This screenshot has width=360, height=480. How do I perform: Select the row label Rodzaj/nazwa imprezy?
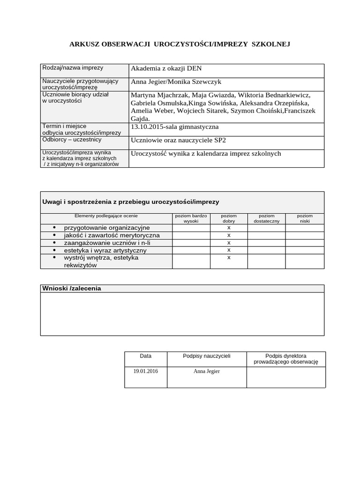(x=73, y=68)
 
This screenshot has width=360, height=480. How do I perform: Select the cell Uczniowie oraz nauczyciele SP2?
(x=181, y=140)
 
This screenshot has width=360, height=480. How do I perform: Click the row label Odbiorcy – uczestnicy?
(x=72, y=140)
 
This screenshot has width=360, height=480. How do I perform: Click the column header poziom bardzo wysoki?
(x=191, y=218)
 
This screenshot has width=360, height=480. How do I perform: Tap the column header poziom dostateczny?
(x=266, y=218)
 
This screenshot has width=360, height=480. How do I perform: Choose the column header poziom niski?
(x=305, y=218)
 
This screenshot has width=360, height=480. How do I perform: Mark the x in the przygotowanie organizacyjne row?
(x=229, y=228)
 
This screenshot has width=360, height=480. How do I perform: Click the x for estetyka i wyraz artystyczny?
(x=229, y=250)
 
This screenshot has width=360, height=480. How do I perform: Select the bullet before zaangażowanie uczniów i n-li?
(x=54, y=243)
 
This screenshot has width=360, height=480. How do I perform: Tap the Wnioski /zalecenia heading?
(x=72, y=288)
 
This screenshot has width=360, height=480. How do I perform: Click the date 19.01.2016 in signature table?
(x=145, y=371)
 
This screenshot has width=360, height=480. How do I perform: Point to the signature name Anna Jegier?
(x=207, y=371)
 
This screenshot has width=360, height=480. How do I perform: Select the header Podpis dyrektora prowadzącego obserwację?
(x=285, y=359)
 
